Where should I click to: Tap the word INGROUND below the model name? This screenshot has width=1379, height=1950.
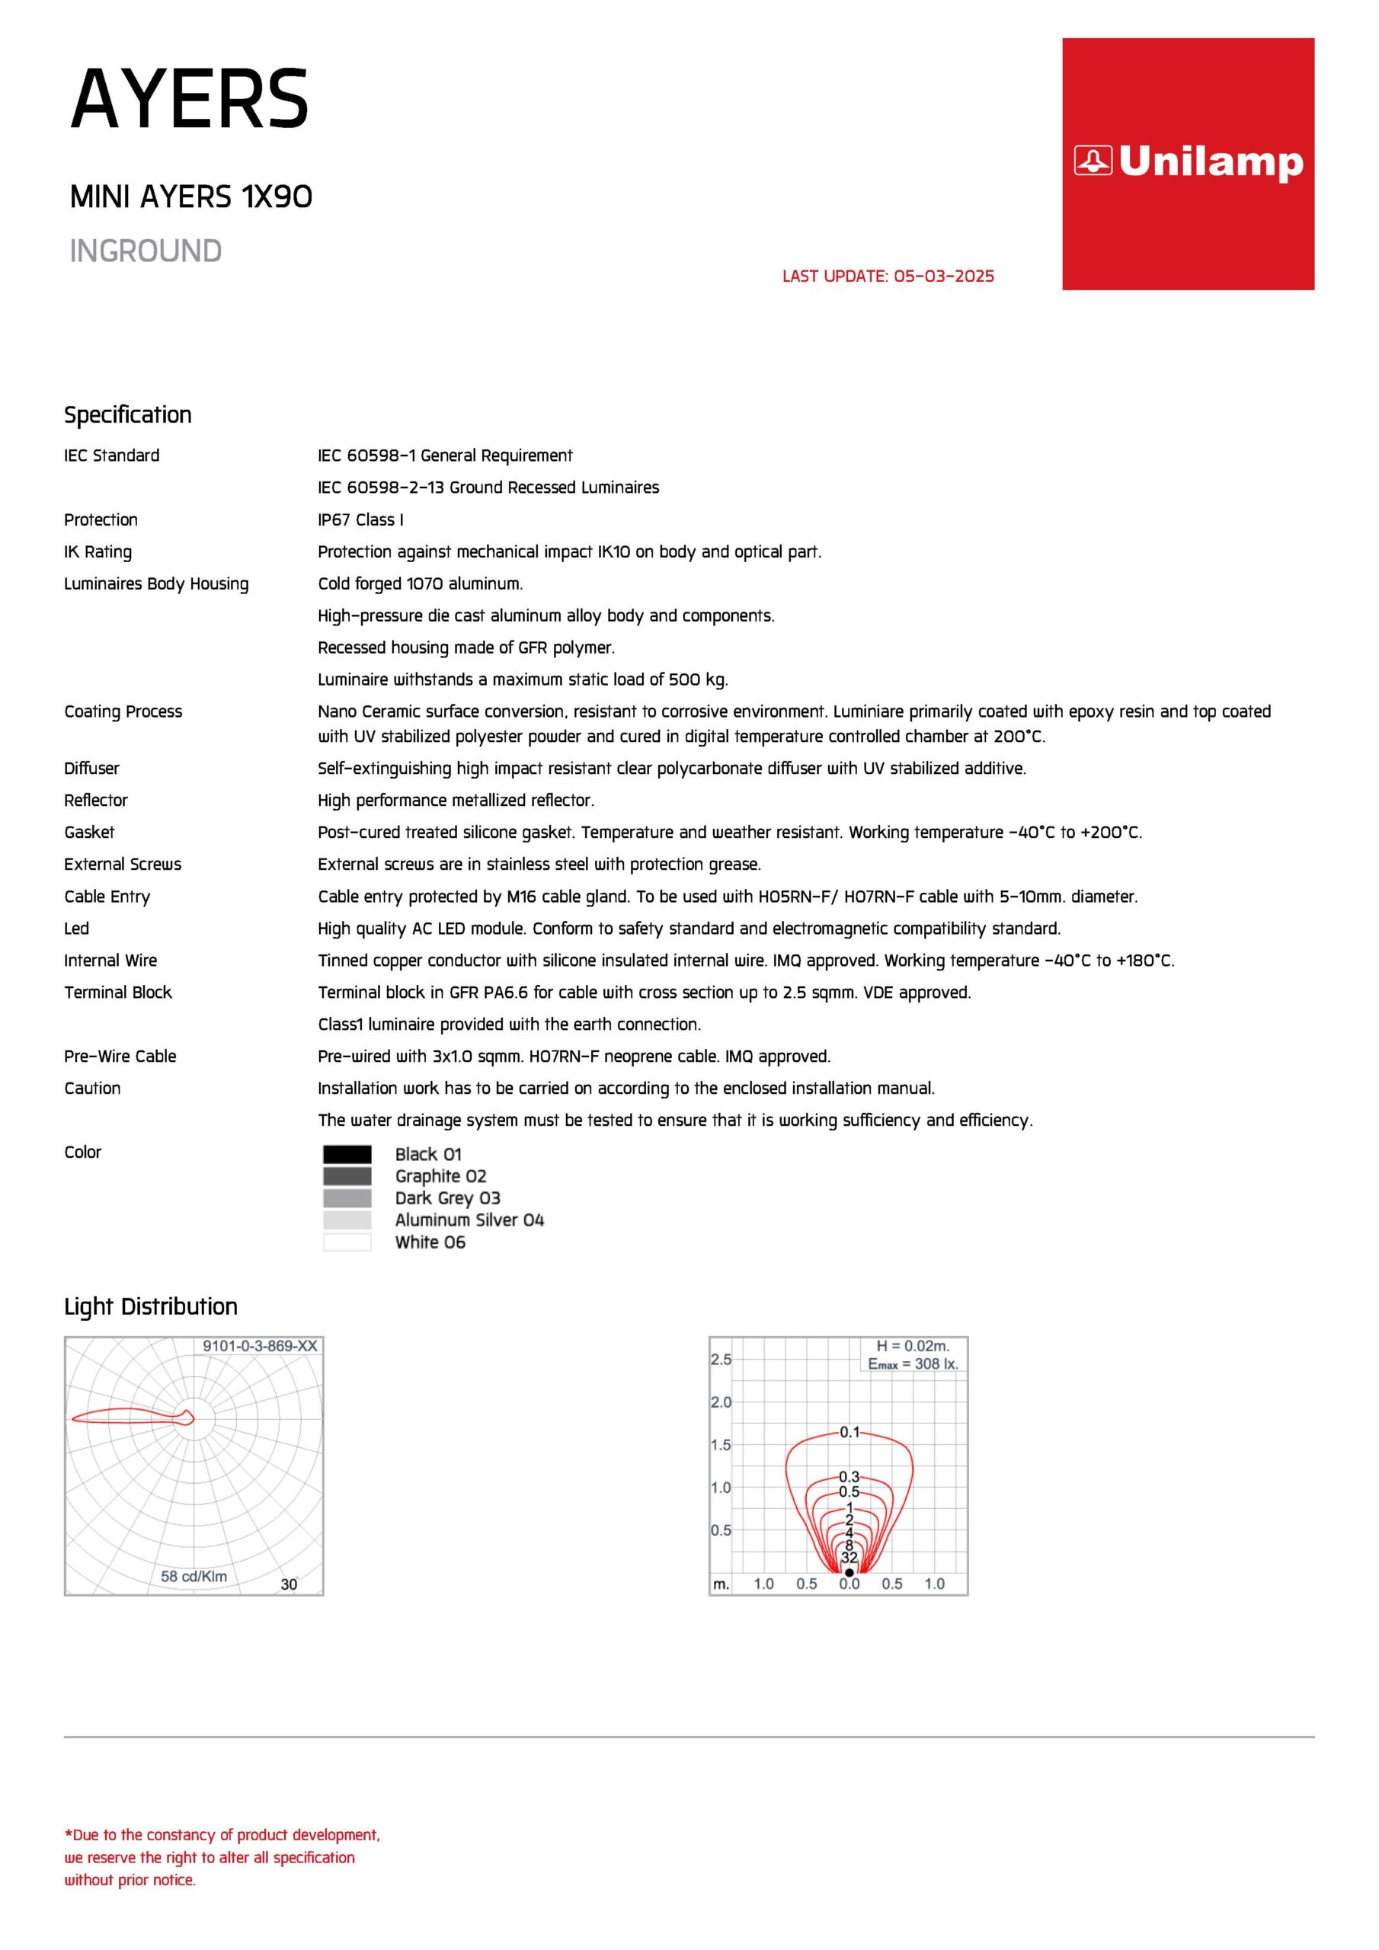pos(146,251)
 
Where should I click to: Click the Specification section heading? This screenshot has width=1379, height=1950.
pos(127,414)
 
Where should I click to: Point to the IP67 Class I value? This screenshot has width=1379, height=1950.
pos(360,519)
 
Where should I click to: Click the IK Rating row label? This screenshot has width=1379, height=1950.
pos(98,552)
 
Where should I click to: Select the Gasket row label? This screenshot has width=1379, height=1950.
pos(89,833)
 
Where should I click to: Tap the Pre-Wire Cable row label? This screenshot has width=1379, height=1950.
pos(120,1057)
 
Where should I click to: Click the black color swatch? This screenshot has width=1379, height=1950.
pos(347,1154)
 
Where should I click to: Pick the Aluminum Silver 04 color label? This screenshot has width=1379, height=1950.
pos(469,1220)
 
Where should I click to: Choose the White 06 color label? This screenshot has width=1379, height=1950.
pos(430,1242)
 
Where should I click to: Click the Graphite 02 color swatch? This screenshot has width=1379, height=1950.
pos(347,1176)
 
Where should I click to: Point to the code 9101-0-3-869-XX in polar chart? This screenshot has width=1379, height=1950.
pos(259,1346)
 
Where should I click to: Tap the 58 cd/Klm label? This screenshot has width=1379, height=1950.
pos(194,1576)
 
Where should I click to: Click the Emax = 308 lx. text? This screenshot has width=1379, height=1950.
pos(913,1364)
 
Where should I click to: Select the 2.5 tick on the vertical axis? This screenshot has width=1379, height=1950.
pos(721,1360)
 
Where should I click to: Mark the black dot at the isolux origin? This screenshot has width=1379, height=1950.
pos(849,1572)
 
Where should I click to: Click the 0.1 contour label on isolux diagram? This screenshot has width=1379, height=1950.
pos(849,1432)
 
